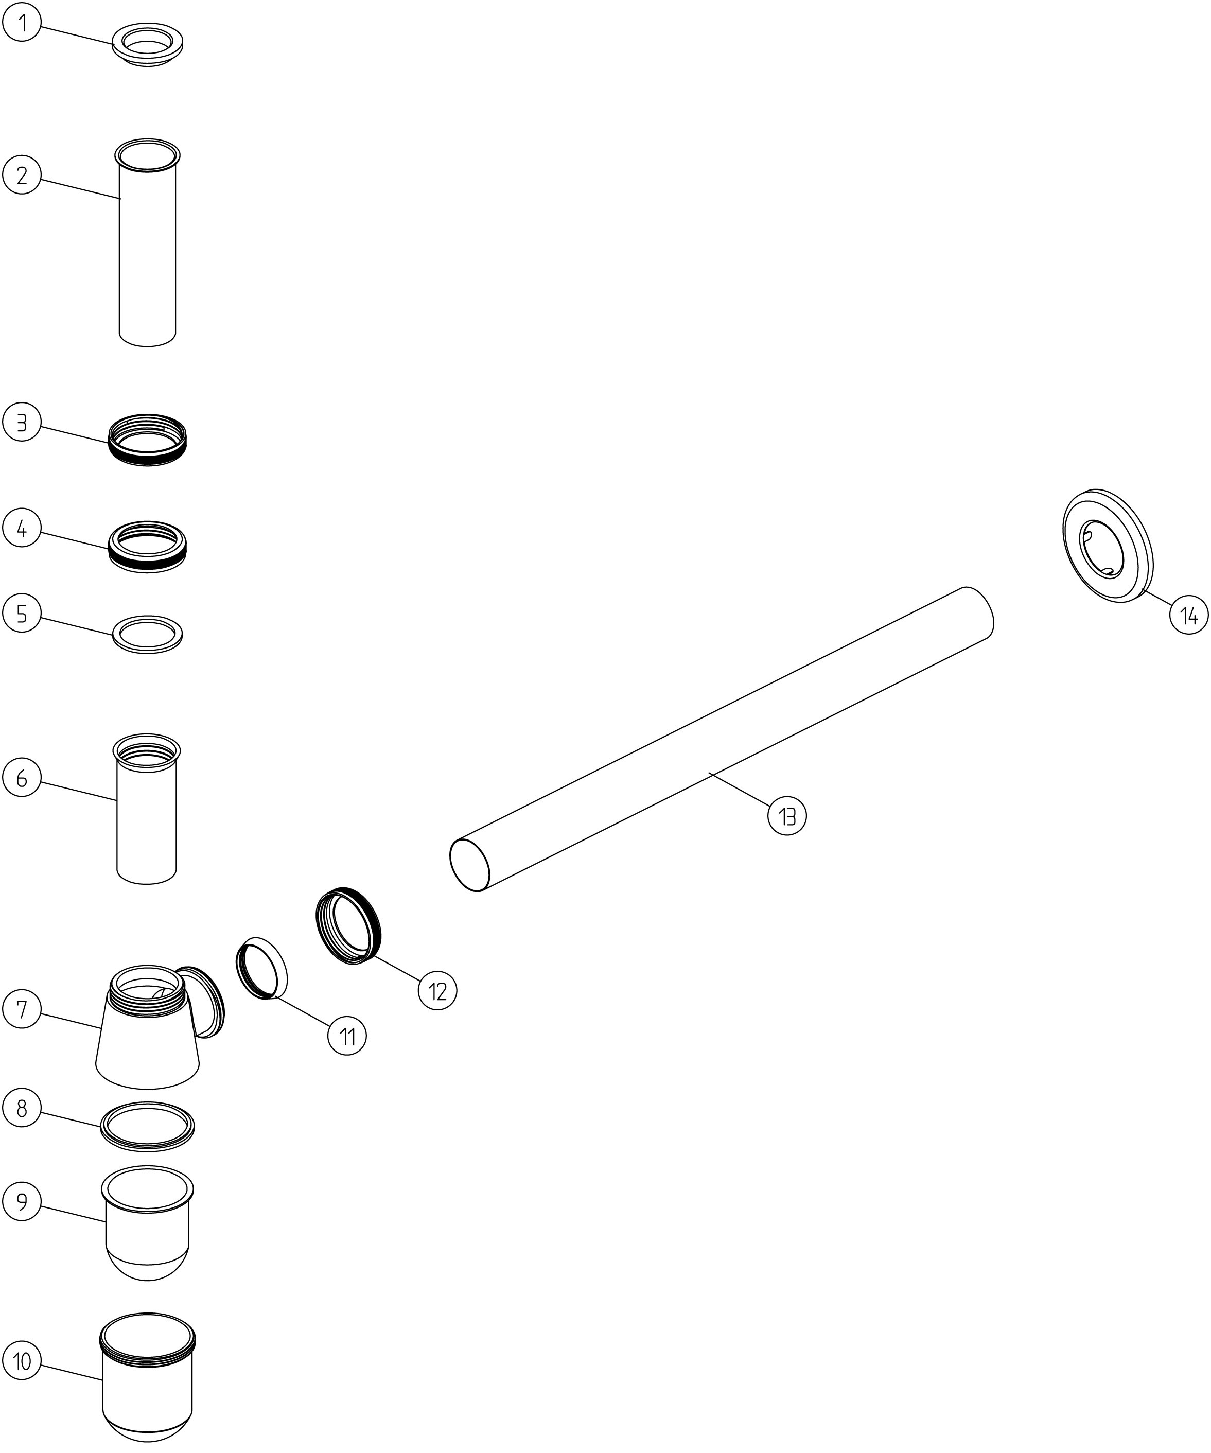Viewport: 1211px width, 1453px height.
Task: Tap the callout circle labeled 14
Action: [x=1189, y=615]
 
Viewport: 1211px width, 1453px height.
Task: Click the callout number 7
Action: [x=22, y=1009]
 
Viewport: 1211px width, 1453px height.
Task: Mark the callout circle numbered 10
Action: [x=22, y=1361]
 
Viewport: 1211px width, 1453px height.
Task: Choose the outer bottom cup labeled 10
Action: [x=147, y=1377]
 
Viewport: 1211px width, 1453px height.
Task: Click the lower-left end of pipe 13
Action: [x=470, y=865]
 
